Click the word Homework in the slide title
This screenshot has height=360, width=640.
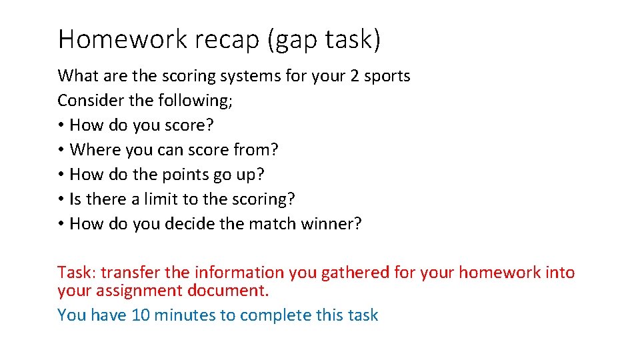pyautogui.click(x=123, y=40)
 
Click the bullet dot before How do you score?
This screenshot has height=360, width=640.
pyautogui.click(x=61, y=125)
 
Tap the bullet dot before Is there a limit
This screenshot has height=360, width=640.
pyautogui.click(x=61, y=199)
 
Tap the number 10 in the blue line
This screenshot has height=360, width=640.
pyautogui.click(x=141, y=315)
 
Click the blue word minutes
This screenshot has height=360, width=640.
pyautogui.click(x=181, y=315)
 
